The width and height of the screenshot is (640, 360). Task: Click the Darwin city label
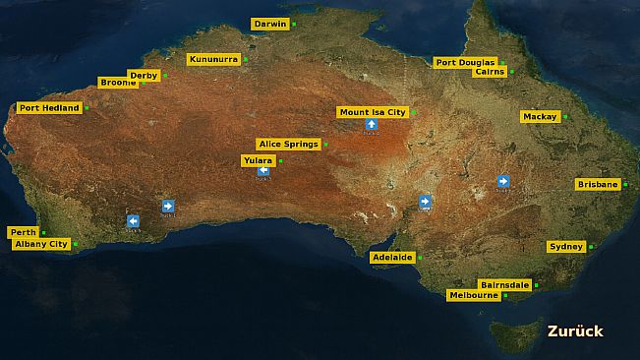point(269,24)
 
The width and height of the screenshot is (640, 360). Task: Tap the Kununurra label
point(213,59)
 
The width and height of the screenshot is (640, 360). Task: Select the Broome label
point(118,83)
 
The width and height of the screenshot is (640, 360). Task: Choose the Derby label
point(144,75)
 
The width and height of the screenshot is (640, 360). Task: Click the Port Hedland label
point(49,108)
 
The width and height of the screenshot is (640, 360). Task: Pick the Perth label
point(23,232)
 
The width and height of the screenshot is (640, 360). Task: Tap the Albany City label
point(40,244)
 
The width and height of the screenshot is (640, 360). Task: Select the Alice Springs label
point(289,144)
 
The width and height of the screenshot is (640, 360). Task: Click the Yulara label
point(258,160)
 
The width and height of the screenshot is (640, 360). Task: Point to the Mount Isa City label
point(372,112)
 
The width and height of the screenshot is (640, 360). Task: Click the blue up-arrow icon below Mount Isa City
point(371,124)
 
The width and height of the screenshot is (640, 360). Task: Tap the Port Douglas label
point(466,62)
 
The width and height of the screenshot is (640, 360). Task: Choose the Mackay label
point(540,116)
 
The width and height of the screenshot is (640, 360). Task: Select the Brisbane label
point(598,184)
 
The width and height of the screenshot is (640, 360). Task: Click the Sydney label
point(566,246)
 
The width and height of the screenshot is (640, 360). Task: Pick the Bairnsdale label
point(505,284)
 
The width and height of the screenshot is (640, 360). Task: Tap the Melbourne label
point(473,295)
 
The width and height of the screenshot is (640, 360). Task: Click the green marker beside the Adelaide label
point(420,258)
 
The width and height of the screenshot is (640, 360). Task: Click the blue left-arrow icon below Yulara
point(263,171)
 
